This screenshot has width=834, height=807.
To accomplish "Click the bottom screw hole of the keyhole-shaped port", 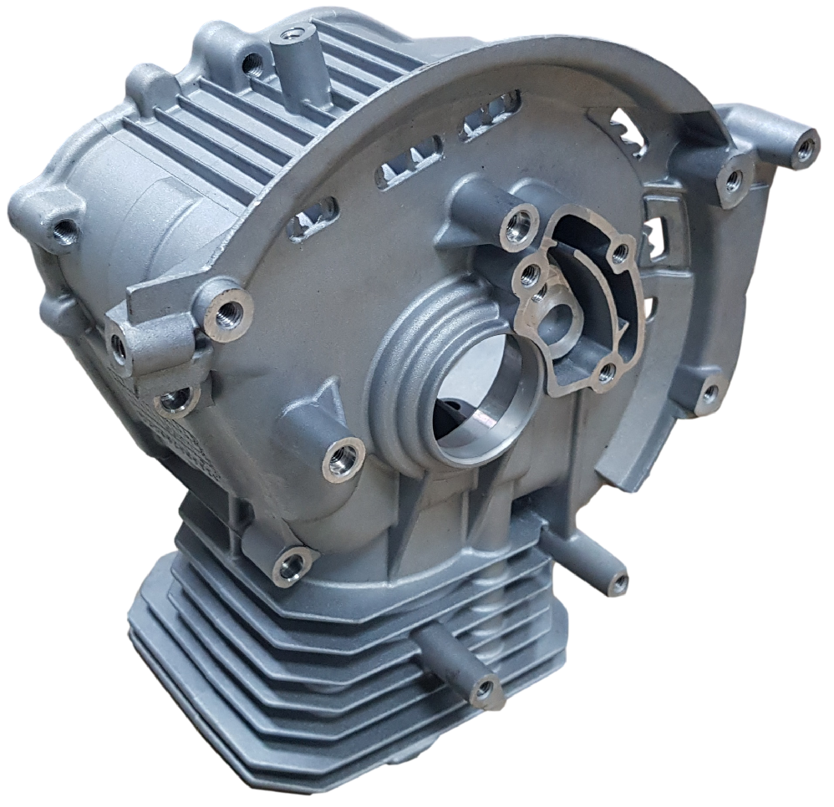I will point(606,373).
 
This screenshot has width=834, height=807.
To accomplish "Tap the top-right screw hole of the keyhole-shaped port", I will point(619,251).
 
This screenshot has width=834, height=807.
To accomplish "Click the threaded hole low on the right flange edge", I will point(709,393).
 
